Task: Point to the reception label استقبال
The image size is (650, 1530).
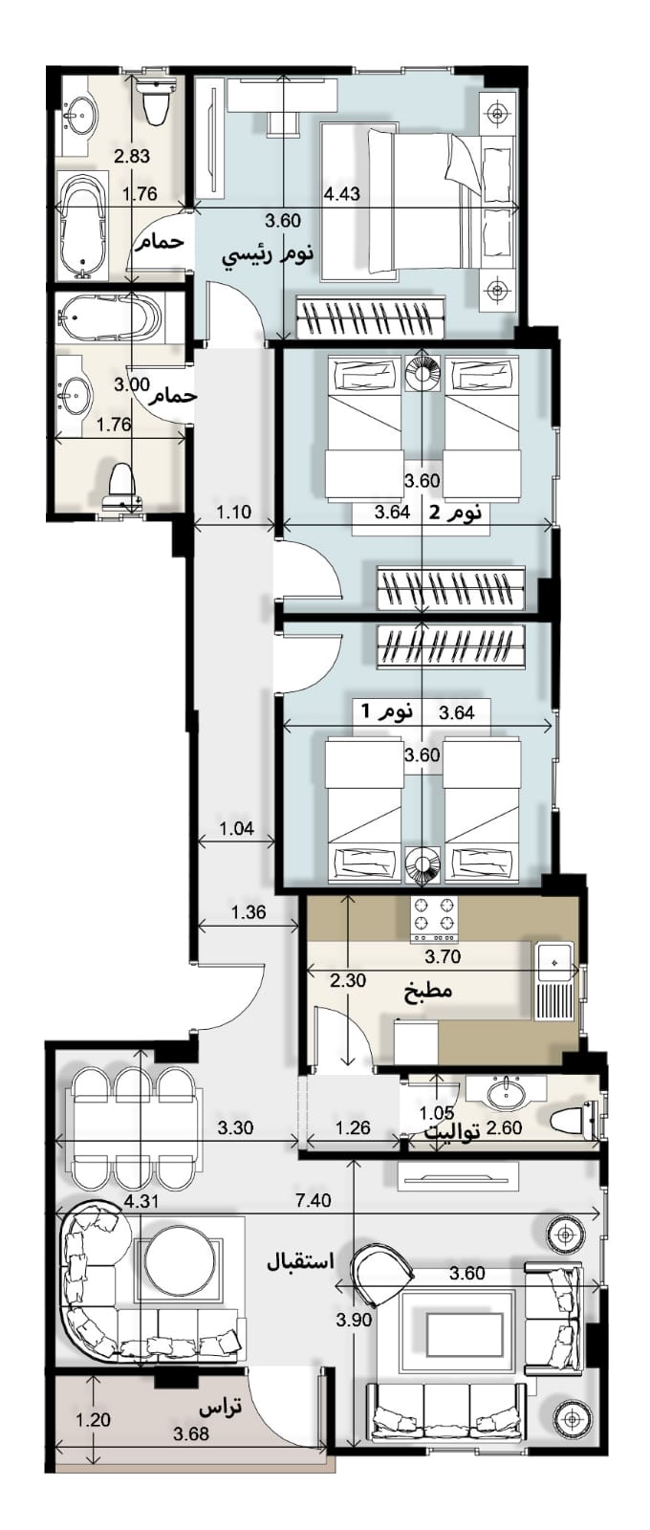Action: (300, 1260)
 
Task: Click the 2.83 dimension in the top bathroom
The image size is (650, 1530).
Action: (132, 157)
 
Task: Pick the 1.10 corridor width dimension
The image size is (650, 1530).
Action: (235, 512)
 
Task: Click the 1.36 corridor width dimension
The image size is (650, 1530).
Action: (249, 912)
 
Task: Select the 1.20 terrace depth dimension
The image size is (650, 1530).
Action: (92, 1421)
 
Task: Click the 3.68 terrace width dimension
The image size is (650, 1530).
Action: (191, 1433)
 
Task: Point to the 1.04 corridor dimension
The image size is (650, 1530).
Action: (237, 828)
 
